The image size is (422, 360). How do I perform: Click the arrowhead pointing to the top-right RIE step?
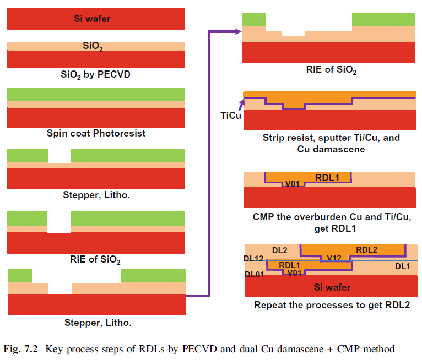238,31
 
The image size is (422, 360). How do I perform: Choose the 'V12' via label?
334,258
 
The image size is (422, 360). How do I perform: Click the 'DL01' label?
254,274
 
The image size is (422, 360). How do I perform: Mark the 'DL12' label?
255,258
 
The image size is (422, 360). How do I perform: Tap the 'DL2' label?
279,250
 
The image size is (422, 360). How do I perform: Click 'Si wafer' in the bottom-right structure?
332,287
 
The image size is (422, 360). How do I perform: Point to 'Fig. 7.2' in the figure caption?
21,348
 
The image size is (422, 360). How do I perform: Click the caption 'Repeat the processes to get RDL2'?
332,304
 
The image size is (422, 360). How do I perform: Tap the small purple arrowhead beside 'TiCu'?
242,101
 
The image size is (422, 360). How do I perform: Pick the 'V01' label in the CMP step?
292,183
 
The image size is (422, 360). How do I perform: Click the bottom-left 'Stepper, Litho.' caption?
96,322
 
